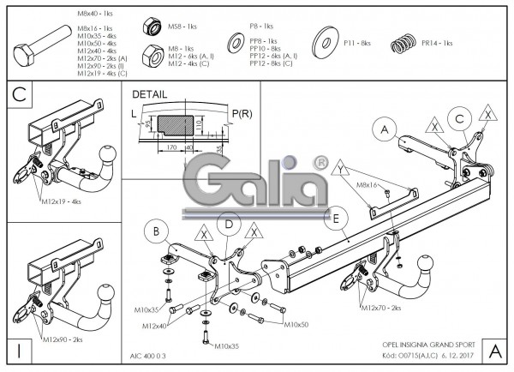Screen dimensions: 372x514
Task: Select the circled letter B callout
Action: [156, 230]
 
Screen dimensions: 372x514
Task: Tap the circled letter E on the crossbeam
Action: [338, 219]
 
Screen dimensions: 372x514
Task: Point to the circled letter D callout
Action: [229, 225]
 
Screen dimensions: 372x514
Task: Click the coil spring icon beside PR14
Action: [408, 42]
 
